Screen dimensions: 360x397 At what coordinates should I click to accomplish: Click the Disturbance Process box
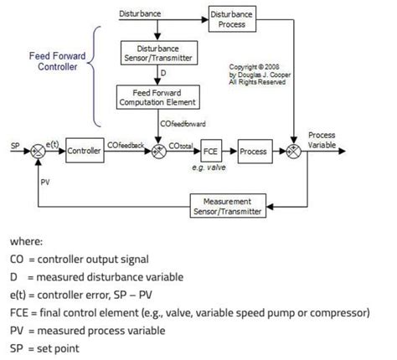point(231,19)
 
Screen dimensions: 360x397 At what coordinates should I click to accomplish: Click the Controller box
point(85,152)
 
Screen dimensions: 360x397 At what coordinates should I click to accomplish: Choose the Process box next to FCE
point(253,152)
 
